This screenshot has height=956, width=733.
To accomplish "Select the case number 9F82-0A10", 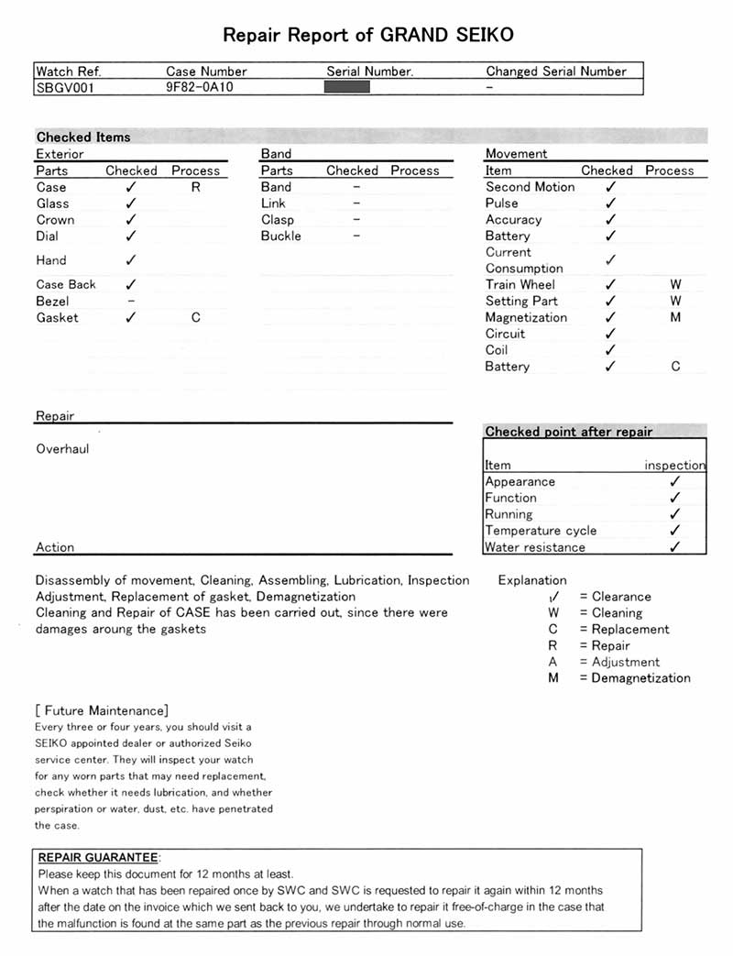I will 202,88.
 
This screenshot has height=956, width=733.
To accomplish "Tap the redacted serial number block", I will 347,87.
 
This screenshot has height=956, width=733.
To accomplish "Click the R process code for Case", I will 195,187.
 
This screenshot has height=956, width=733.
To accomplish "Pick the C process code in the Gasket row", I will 195,318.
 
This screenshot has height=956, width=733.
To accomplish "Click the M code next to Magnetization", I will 675,318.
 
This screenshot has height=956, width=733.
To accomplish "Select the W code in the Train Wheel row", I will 675,285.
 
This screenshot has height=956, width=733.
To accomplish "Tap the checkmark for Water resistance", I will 675,547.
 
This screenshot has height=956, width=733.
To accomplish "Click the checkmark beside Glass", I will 131,203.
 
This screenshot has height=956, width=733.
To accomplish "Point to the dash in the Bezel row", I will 131,301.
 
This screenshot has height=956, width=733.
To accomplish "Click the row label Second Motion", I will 530,187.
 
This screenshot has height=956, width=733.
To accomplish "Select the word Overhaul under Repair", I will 62,449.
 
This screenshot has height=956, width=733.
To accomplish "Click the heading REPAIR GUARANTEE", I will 98,857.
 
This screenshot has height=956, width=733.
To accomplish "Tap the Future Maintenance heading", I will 102,710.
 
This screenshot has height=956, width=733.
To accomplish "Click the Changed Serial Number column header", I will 556,71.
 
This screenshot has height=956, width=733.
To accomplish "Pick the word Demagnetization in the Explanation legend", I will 640,678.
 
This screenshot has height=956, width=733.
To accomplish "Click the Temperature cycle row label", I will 541,531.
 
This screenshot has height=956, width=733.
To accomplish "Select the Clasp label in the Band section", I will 278,220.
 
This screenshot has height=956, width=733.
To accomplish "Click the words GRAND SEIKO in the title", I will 446,36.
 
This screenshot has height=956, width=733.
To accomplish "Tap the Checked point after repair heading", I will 568,432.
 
